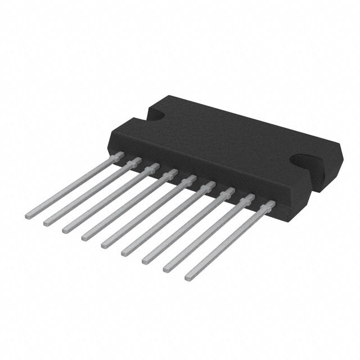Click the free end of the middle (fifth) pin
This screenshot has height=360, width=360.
click(105, 245)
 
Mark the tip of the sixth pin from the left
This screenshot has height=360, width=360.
click(124, 253)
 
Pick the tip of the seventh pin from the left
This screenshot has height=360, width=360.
click(145, 260)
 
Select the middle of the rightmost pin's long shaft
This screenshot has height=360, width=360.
click(227, 242)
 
